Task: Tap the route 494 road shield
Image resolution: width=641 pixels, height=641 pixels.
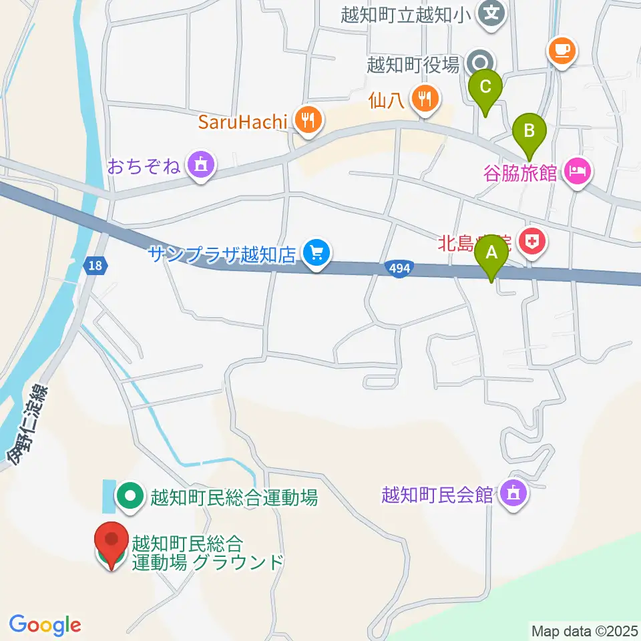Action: tap(399, 268)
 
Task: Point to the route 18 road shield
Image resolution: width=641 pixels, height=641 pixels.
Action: tap(95, 266)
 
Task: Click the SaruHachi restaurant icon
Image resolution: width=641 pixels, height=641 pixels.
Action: tap(308, 121)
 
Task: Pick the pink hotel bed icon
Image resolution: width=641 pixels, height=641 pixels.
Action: tap(577, 172)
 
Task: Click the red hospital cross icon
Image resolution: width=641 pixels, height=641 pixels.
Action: tap(533, 242)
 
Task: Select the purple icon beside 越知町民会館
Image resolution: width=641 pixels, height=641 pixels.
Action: tap(514, 495)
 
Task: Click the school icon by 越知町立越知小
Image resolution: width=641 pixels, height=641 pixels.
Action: tap(493, 12)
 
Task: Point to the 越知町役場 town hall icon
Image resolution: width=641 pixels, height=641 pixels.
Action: tap(479, 63)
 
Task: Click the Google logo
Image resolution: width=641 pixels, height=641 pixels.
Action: tap(45, 625)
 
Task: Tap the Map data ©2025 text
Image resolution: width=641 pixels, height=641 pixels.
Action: tap(585, 630)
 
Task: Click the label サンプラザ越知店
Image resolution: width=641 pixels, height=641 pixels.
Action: tap(221, 254)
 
